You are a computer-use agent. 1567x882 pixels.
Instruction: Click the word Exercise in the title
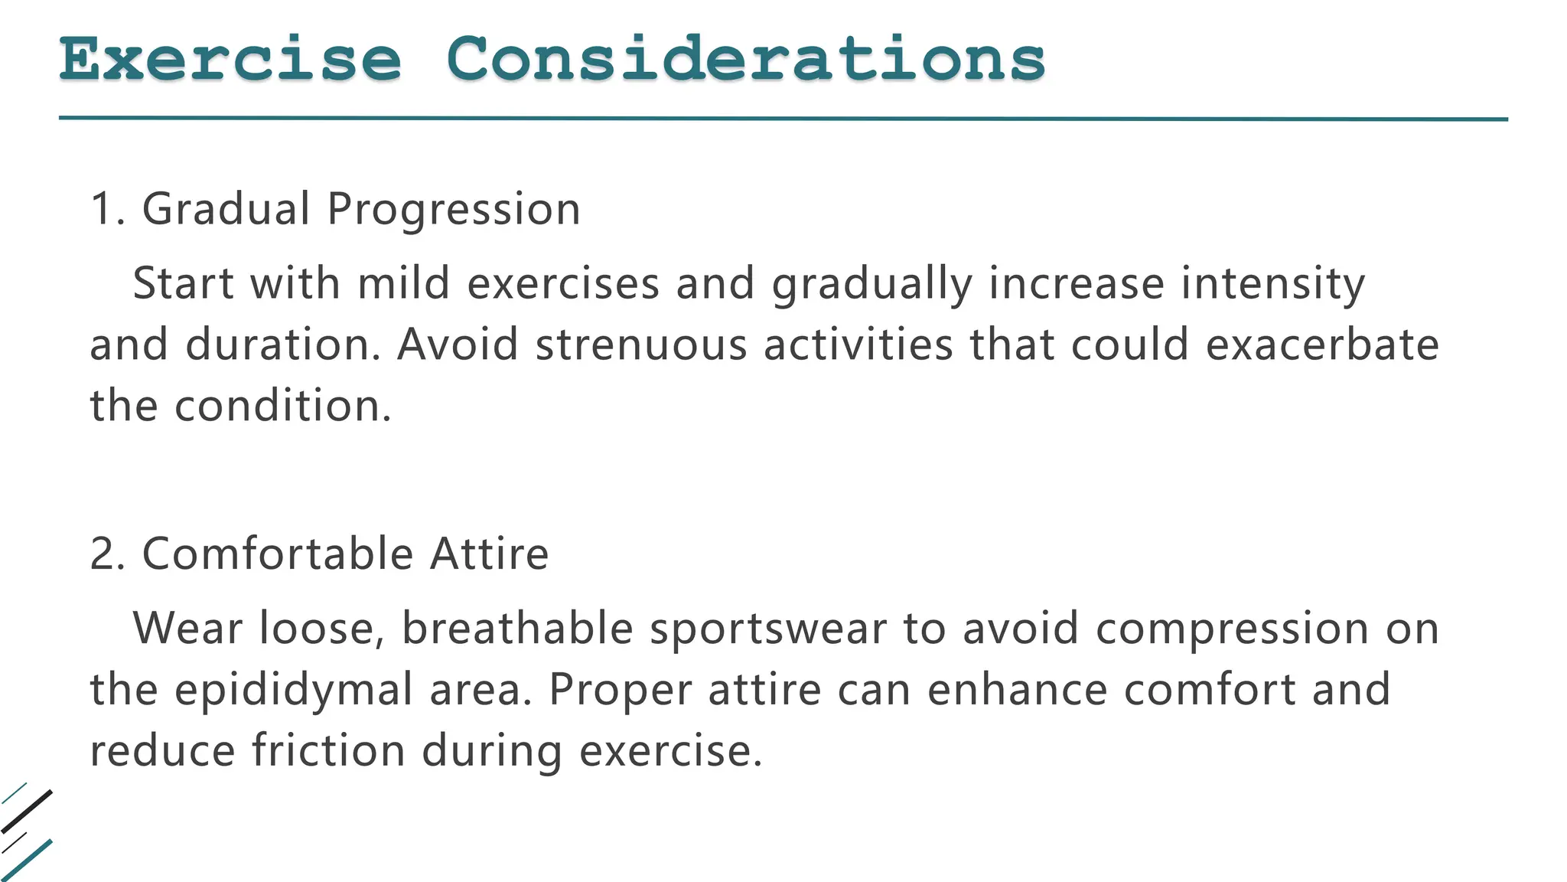230,60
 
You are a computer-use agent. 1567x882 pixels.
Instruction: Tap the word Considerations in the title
745,60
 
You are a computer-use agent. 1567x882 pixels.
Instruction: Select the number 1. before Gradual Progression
107,209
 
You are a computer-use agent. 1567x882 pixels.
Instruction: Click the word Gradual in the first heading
226,209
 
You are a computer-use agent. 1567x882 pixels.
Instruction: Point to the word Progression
454,209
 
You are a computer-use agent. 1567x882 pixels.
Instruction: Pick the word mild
403,283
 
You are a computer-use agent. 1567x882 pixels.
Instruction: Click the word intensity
1272,285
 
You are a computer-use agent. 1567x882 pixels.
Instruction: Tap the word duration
282,345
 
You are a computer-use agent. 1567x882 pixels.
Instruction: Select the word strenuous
641,345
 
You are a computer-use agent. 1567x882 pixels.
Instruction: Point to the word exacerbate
1322,345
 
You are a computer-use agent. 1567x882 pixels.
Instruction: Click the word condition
282,406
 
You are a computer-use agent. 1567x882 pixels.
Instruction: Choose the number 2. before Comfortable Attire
108,554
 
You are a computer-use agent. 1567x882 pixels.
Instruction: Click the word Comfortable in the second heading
278,554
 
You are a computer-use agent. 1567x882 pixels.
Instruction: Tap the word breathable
517,629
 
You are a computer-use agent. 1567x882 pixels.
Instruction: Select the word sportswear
768,630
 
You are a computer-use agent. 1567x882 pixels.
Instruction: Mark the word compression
1232,630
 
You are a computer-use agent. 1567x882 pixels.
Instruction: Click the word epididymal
294,691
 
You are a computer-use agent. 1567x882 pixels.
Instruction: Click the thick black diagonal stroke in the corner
28,811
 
